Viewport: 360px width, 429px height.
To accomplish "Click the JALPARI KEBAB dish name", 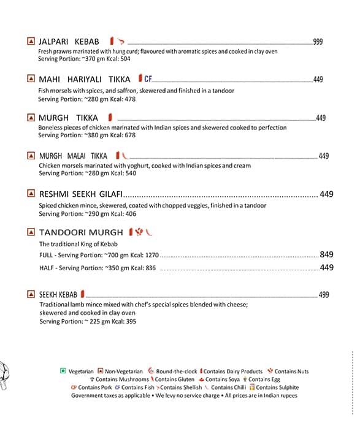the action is pos(68,41).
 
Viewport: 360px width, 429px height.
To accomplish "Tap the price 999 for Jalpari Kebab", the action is pos(318,42).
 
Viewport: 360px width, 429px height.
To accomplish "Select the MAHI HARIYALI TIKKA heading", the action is pos(84,79).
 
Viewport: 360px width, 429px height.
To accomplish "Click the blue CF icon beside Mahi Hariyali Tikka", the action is pos(148,78).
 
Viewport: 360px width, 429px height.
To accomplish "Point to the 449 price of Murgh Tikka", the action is pos(321,118).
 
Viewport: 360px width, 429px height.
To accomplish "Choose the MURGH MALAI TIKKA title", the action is pos(73,156).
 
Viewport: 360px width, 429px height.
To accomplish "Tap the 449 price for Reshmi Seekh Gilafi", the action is pos(326,194).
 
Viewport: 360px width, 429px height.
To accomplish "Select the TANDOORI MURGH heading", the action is pos(80,232).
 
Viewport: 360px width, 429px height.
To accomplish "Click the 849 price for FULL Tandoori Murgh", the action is pos(326,254).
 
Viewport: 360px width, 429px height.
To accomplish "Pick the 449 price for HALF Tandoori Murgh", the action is pos(326,267).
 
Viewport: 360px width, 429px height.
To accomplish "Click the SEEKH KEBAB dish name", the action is pos(58,295).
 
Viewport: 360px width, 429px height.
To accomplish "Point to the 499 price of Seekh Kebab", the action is pos(324,295).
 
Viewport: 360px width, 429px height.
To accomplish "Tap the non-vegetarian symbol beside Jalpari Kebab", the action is pos(31,41).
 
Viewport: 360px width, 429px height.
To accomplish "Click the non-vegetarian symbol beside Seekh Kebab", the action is pos(31,294).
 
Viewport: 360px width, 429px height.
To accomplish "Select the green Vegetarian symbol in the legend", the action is pos(63,371).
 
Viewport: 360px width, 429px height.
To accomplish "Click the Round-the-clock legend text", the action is pos(177,371).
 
